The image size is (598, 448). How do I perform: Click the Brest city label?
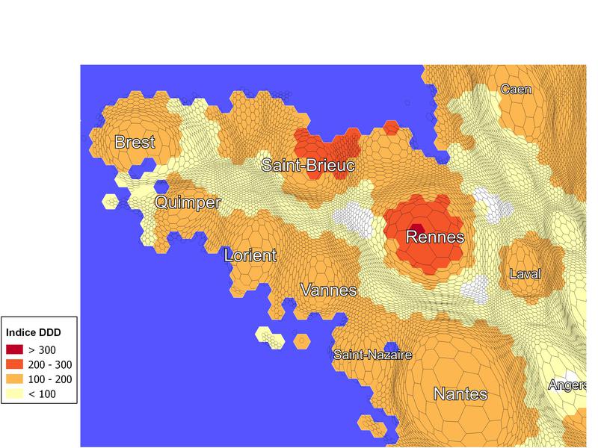[x=135, y=142]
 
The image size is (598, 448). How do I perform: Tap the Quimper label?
[x=188, y=202]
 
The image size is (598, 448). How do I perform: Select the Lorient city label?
[x=250, y=255]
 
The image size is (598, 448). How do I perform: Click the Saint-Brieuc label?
[x=308, y=165]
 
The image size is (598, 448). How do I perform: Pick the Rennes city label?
[x=434, y=237]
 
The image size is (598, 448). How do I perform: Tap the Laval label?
[x=524, y=274]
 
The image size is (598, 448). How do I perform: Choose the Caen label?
[x=516, y=90]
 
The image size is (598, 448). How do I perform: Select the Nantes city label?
[x=460, y=394]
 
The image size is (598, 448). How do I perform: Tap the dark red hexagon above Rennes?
[x=417, y=228]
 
